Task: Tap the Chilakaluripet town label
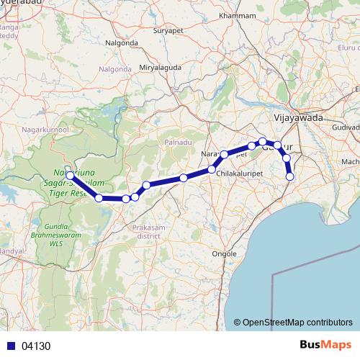[x=240, y=174]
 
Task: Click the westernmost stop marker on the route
[x=70, y=175]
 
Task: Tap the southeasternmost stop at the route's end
[x=290, y=176]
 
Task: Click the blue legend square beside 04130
[x=9, y=346]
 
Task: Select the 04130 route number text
[x=36, y=346]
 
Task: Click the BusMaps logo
[x=327, y=345]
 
